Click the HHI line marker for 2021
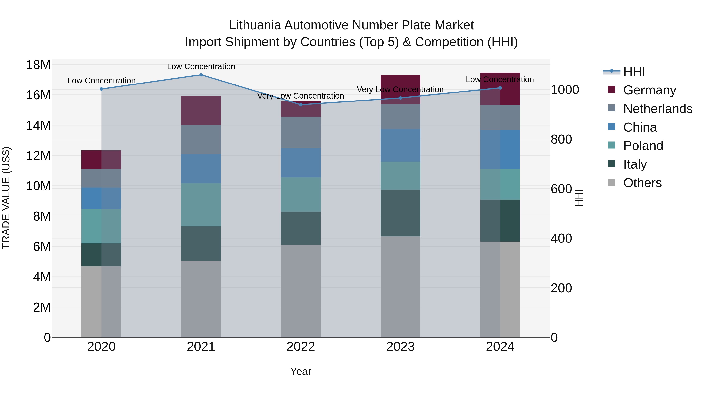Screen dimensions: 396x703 (x=201, y=75)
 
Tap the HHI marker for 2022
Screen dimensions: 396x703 (x=301, y=105)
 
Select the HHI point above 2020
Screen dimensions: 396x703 (x=102, y=89)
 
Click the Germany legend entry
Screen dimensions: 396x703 (x=649, y=90)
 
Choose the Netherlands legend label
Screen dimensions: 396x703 (x=658, y=109)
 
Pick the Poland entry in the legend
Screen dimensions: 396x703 (x=643, y=146)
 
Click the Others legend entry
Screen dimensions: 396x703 (x=642, y=183)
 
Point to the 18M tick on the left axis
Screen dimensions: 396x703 (x=38, y=65)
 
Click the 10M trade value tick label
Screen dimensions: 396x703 (x=38, y=186)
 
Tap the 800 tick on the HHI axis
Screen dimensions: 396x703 (x=561, y=139)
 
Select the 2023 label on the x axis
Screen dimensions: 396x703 (x=400, y=347)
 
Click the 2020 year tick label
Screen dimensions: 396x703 (x=102, y=347)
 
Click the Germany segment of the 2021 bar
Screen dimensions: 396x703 (x=201, y=111)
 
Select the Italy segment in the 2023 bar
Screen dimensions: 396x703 (x=400, y=213)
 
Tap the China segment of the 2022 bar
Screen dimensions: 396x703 (x=301, y=163)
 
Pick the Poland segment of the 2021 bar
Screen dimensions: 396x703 (x=201, y=205)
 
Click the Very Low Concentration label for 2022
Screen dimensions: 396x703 (x=301, y=96)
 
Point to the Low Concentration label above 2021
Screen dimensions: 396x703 (x=201, y=67)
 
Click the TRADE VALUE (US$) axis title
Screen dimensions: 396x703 (x=6, y=198)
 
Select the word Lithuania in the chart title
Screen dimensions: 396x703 (x=255, y=25)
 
